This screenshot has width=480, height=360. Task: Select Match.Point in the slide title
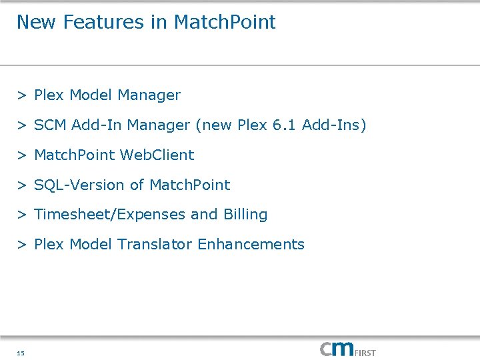click(x=225, y=22)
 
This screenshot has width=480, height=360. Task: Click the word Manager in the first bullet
click(x=149, y=95)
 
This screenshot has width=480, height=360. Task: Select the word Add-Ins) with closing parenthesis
click(x=334, y=125)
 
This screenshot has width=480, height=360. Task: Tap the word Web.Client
click(x=157, y=155)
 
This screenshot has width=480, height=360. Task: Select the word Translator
click(x=155, y=245)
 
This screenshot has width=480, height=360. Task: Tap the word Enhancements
click(x=251, y=245)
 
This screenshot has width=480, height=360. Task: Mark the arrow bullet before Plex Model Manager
click(x=22, y=95)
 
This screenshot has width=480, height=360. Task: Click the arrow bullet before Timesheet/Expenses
click(x=22, y=215)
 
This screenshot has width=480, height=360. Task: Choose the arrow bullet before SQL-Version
click(x=22, y=185)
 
